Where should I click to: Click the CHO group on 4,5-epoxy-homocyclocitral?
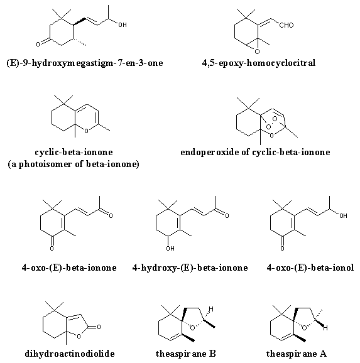286,25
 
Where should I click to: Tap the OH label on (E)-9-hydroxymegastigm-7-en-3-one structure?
123,24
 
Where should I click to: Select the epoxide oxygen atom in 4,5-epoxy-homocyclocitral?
257,51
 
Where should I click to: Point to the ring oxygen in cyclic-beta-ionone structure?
86,131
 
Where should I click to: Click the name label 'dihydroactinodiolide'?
70,354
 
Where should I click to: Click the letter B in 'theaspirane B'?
212,354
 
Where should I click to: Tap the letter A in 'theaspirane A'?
323,354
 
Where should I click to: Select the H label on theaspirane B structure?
211,309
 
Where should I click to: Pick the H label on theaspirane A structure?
325,328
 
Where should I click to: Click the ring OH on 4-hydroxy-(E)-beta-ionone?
170,249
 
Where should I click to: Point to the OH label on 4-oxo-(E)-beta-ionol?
343,216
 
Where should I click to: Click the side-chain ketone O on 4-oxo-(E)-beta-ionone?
111,216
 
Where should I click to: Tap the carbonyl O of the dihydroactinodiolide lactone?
99,327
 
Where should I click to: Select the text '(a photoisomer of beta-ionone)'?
74,164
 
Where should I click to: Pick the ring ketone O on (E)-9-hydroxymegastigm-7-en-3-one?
38,44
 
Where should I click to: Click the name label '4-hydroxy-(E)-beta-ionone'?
190,268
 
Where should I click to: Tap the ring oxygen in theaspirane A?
305,328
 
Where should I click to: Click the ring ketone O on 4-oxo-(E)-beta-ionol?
282,249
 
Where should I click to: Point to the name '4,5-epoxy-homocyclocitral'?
258,63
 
